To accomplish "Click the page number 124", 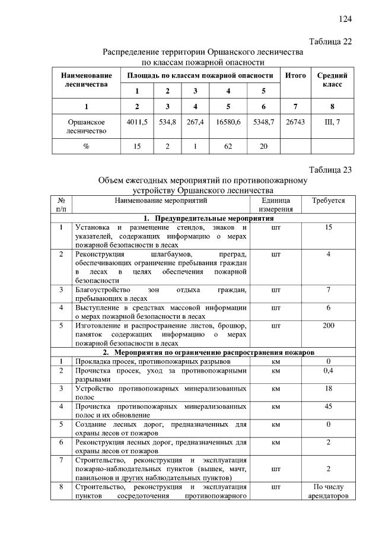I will click(345, 19).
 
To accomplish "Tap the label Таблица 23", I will click(330, 169).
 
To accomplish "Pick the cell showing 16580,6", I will click(228, 122).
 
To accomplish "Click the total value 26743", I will click(295, 122).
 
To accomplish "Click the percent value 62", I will click(228, 145).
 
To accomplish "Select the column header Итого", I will click(295, 76).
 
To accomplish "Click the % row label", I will click(86, 145).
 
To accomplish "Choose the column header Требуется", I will click(328, 201).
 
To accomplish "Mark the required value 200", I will click(328, 326).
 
